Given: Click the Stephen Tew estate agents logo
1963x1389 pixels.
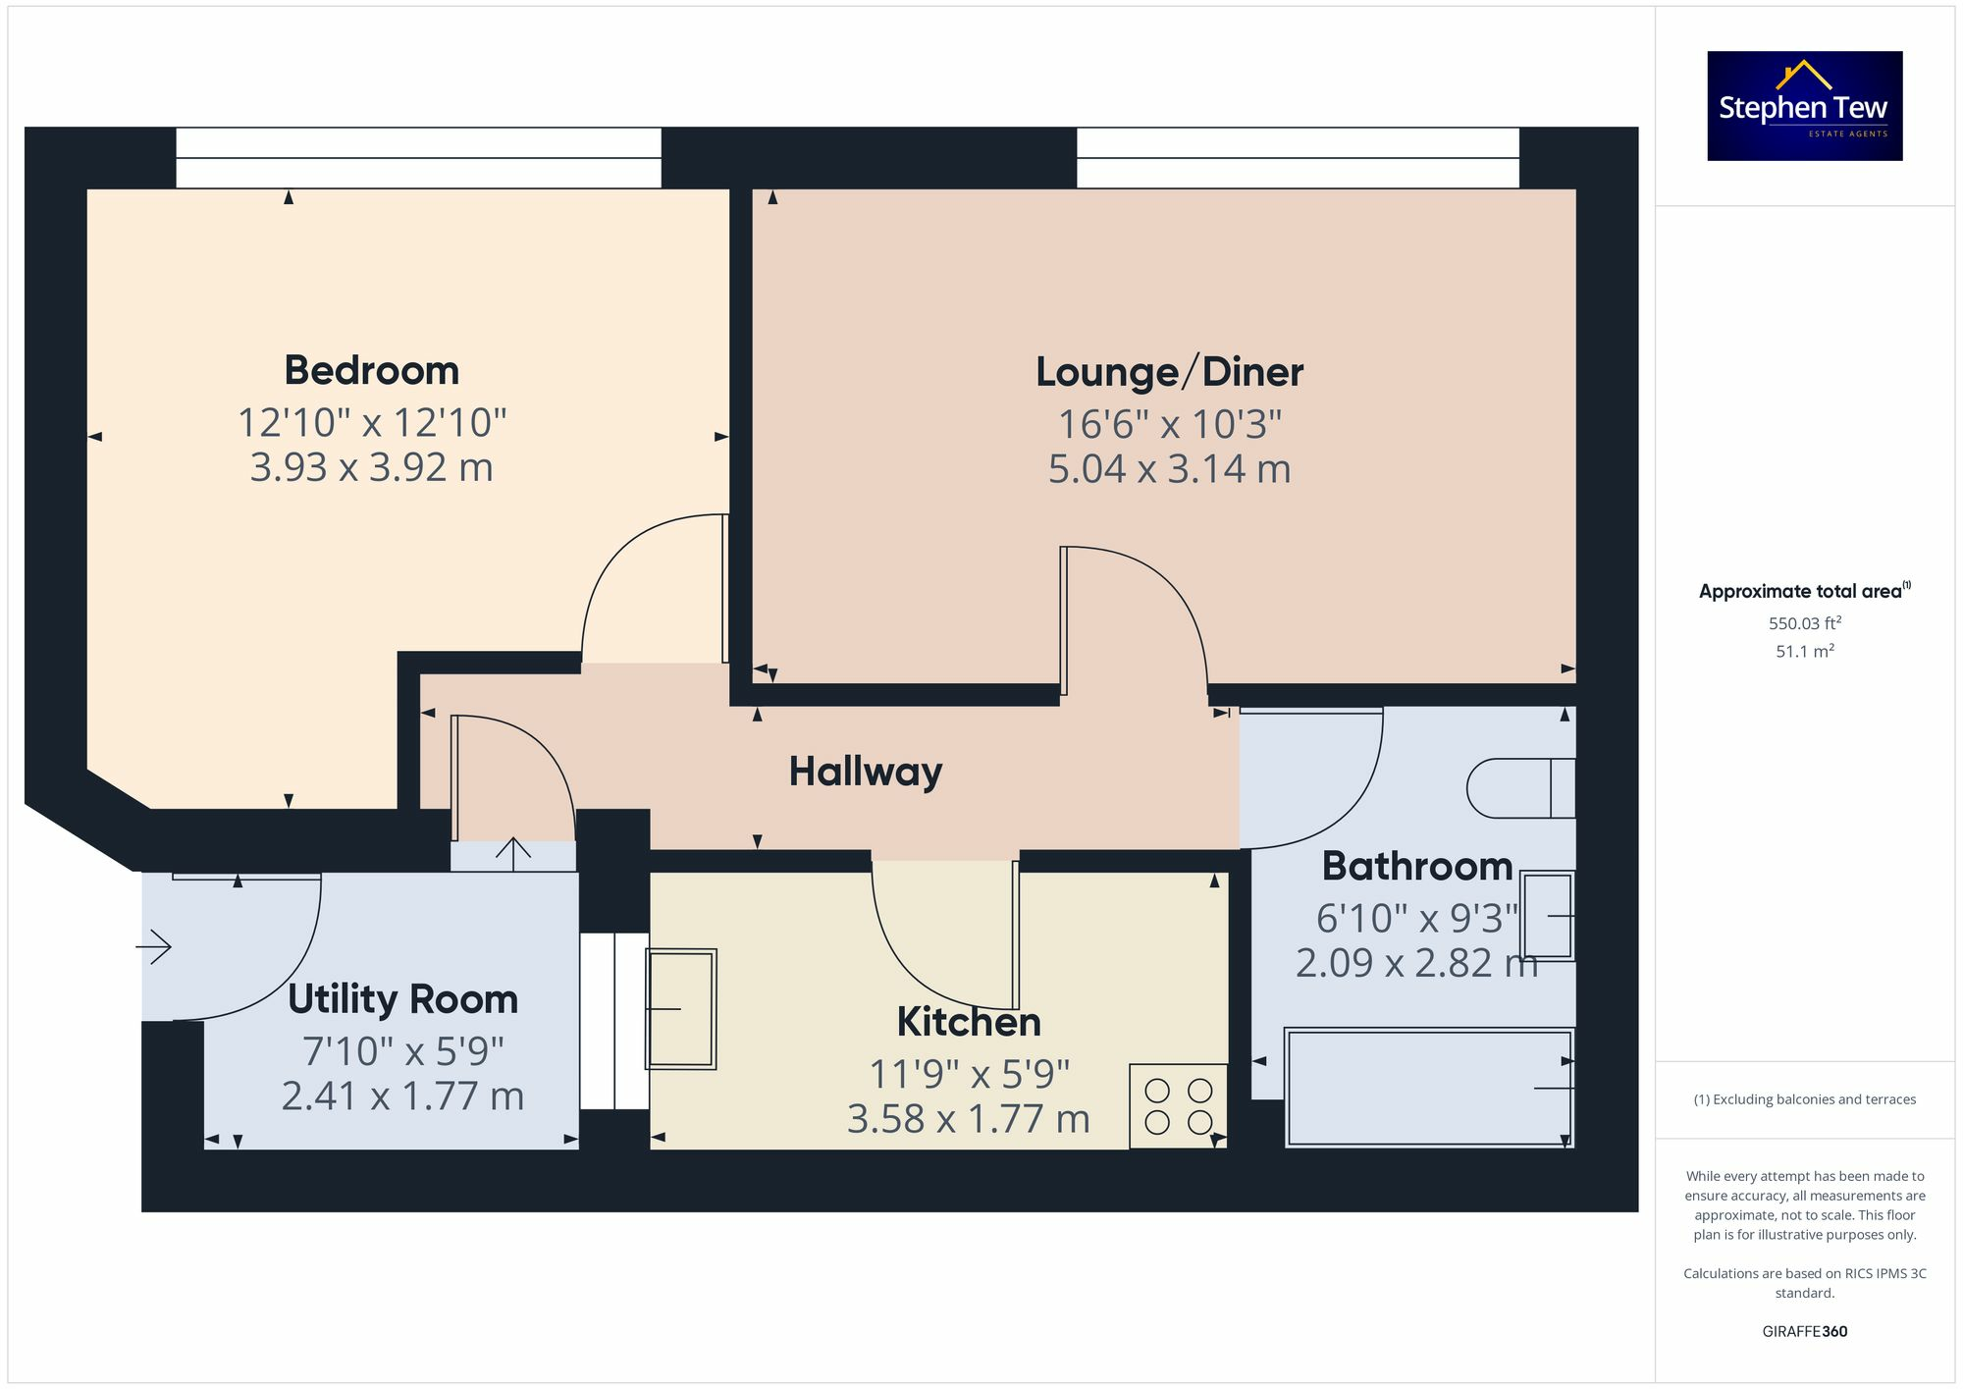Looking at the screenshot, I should pyautogui.click(x=1804, y=106).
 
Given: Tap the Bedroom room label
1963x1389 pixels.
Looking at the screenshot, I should pyautogui.click(x=372, y=371).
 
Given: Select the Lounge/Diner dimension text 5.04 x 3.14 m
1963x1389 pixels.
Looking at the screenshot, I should pyautogui.click(x=1169, y=469).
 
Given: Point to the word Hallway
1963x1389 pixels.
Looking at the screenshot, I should pyautogui.click(x=865, y=772).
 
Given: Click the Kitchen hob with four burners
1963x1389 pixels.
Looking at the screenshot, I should pyautogui.click(x=1178, y=1106).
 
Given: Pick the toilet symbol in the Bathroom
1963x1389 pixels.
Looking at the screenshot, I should pyautogui.click(x=1520, y=788).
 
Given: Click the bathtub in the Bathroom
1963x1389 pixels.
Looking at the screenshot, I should pyautogui.click(x=1428, y=1087).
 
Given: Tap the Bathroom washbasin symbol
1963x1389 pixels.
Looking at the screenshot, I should pyautogui.click(x=1547, y=916).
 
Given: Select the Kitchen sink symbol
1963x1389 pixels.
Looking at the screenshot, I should pyautogui.click(x=680, y=1008).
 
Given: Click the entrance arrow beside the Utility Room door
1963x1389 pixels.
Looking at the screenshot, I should pyautogui.click(x=154, y=947).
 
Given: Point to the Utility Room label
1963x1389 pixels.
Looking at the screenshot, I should pyautogui.click(x=402, y=999).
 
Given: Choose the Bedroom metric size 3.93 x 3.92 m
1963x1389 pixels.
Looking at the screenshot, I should pyautogui.click(x=372, y=468).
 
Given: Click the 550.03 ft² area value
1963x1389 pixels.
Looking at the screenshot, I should pyautogui.click(x=1804, y=623).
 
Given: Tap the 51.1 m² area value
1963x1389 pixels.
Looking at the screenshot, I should pyautogui.click(x=1804, y=652).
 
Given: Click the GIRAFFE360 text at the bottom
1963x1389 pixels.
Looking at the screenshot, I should pyautogui.click(x=1804, y=1331).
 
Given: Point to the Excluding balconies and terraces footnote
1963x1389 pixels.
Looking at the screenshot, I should pyautogui.click(x=1804, y=1099).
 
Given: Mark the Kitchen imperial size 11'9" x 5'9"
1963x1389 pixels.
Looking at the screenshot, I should pyautogui.click(x=969, y=1074).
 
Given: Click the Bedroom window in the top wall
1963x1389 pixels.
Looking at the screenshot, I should pyautogui.click(x=418, y=157).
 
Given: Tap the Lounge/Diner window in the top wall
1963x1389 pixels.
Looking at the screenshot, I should pyautogui.click(x=1298, y=157).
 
